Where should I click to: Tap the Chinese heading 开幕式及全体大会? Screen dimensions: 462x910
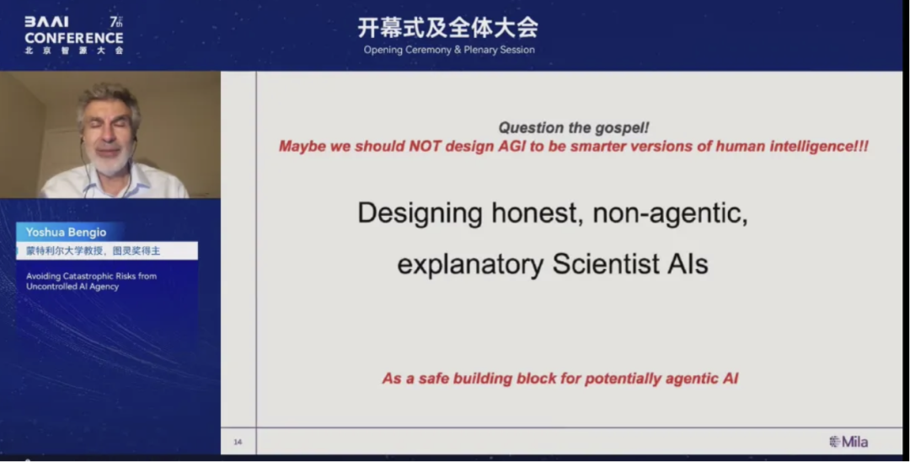click(448, 27)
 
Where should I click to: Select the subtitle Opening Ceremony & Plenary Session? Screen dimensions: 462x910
click(449, 50)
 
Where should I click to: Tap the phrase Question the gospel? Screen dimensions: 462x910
click(574, 128)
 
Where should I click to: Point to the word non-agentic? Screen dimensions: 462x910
click(671, 213)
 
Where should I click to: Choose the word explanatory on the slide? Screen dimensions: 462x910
click(470, 265)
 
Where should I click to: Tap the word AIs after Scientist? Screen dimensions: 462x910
click(687, 265)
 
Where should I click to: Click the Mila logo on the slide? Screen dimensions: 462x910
click(848, 442)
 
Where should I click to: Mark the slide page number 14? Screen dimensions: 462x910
click(238, 442)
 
